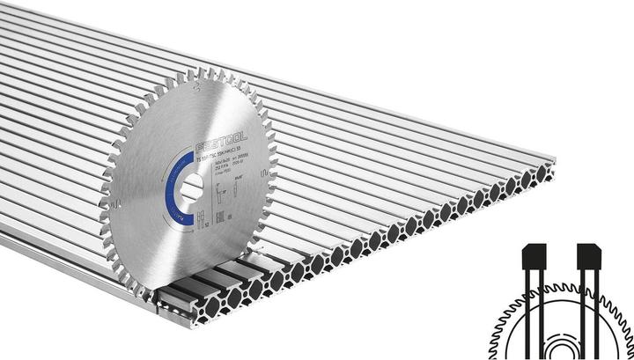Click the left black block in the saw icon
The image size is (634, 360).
(x=531, y=255)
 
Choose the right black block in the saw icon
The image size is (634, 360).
(x=587, y=256)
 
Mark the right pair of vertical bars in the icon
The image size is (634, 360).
(x=588, y=299)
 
